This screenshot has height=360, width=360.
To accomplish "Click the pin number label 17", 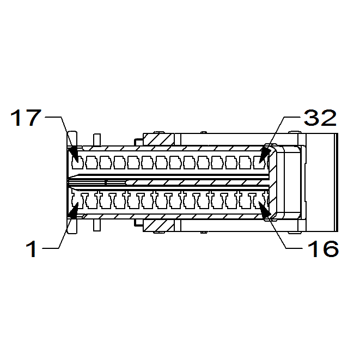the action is click(26, 118).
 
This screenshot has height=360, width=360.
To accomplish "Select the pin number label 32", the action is click(320, 118).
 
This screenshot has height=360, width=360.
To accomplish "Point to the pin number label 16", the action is click(323, 249).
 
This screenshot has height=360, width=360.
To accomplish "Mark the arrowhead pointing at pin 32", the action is click(265, 155).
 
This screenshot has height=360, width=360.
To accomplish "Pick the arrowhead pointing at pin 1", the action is click(73, 210).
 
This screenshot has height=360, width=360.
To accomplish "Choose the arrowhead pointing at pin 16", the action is click(265, 209).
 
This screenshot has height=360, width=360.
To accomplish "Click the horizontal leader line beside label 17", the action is click(53, 117).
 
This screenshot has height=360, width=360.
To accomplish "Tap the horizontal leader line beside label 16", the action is click(294, 248).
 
